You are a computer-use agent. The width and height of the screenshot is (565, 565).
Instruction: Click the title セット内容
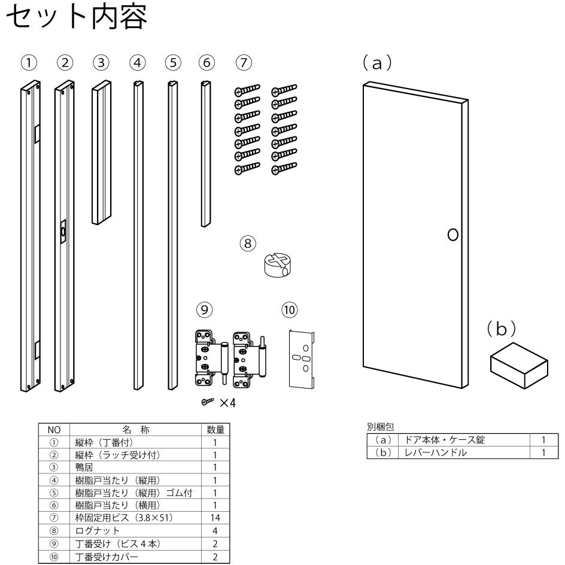pyautogui.click(x=77, y=19)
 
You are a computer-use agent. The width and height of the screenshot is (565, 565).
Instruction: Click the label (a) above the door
pyautogui.click(x=377, y=63)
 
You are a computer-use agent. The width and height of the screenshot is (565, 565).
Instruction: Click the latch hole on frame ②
pyautogui.click(x=63, y=232)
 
